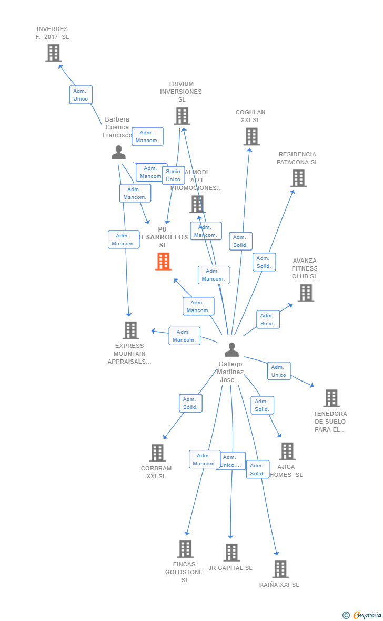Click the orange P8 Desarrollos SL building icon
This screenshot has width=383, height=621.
pos(163,262)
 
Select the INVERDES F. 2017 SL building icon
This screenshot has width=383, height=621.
pos(53,53)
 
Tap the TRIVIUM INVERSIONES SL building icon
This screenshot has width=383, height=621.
pos(182,116)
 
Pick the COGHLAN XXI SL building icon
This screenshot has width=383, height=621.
pos(251,136)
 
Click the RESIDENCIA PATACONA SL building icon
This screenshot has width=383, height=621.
pos(298,178)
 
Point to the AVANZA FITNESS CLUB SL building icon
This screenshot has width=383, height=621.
pos(306,293)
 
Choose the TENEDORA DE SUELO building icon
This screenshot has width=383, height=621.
pos(331,398)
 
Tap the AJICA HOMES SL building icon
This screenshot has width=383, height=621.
pos(287,451)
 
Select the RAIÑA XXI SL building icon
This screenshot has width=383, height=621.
pos(280,569)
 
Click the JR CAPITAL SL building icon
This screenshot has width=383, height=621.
pos(231,553)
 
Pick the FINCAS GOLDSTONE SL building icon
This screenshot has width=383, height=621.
pos(185,549)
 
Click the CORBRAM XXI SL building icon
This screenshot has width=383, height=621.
pos(157,453)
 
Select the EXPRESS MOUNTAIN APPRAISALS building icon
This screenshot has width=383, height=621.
pos(130,330)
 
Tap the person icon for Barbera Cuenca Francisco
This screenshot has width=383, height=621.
pos(119,153)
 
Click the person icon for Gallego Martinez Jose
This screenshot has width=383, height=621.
pos(231,350)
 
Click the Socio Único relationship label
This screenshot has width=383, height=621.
pos(173,175)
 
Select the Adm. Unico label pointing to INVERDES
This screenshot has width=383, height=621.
pos(80,95)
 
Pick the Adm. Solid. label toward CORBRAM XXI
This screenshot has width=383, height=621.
pos(190,403)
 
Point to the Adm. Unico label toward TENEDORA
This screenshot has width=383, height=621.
pos(278,371)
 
